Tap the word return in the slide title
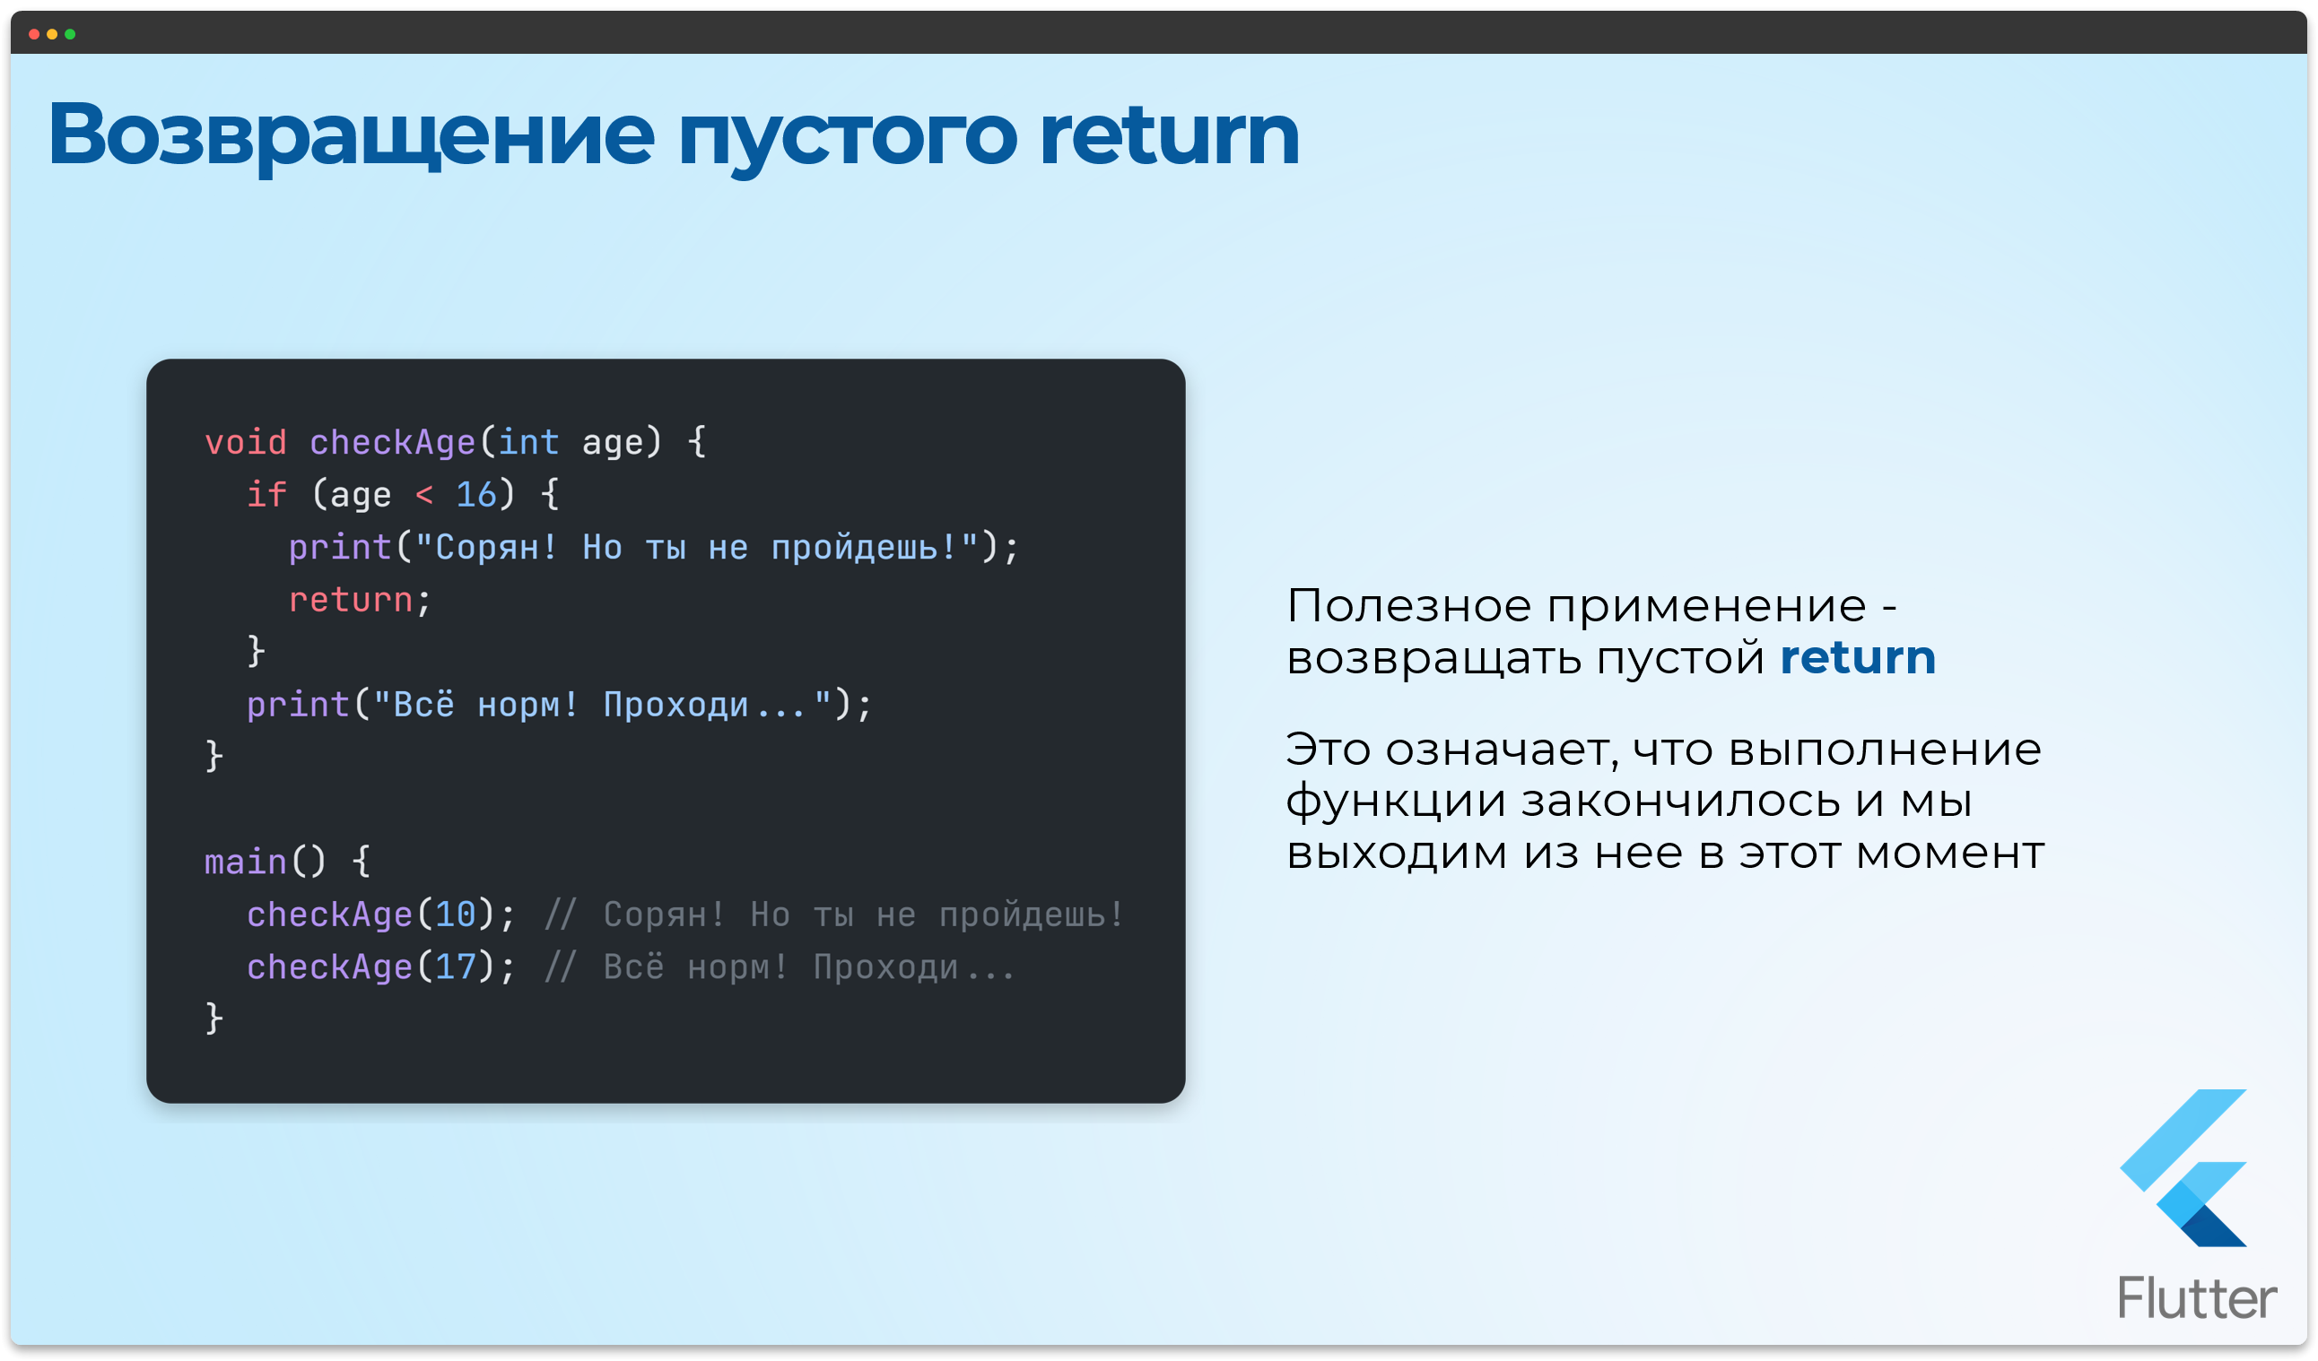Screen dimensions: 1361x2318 [1168, 135]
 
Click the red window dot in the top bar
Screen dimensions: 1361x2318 [34, 34]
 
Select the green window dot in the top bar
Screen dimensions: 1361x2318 [70, 34]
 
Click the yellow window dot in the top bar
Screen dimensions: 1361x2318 [52, 34]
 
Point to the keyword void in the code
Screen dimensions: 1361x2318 [246, 442]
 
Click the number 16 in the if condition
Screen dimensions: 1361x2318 [475, 495]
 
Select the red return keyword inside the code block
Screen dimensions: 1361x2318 [351, 600]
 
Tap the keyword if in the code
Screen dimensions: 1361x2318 [266, 495]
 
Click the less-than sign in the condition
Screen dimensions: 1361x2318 [424, 495]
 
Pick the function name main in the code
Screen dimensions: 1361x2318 [246, 862]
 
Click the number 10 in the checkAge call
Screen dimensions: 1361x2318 [456, 915]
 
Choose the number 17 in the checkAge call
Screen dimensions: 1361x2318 [456, 967]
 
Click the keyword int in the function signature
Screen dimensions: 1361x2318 [528, 442]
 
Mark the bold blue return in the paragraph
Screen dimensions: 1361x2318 [1857, 658]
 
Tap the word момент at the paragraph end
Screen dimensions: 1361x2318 [1949, 854]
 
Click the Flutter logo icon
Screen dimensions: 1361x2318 [2183, 1168]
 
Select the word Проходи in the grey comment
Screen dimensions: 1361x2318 [885, 967]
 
